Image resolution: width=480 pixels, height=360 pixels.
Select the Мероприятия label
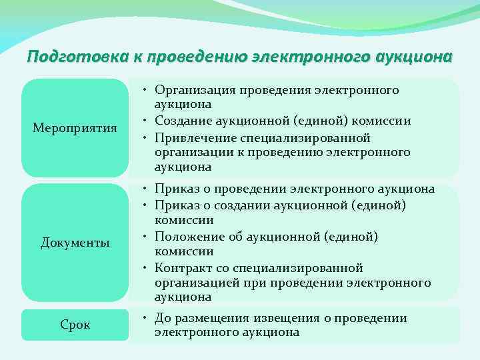pos(75,127)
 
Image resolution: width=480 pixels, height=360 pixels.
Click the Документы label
pos(75,242)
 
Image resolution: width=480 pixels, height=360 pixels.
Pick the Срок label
pos(75,325)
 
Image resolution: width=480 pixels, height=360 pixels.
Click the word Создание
pos(181,121)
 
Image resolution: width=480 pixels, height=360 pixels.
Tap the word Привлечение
pos(192,137)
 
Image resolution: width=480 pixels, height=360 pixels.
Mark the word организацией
pos(193,283)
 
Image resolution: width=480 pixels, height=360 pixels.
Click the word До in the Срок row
pos(163,318)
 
